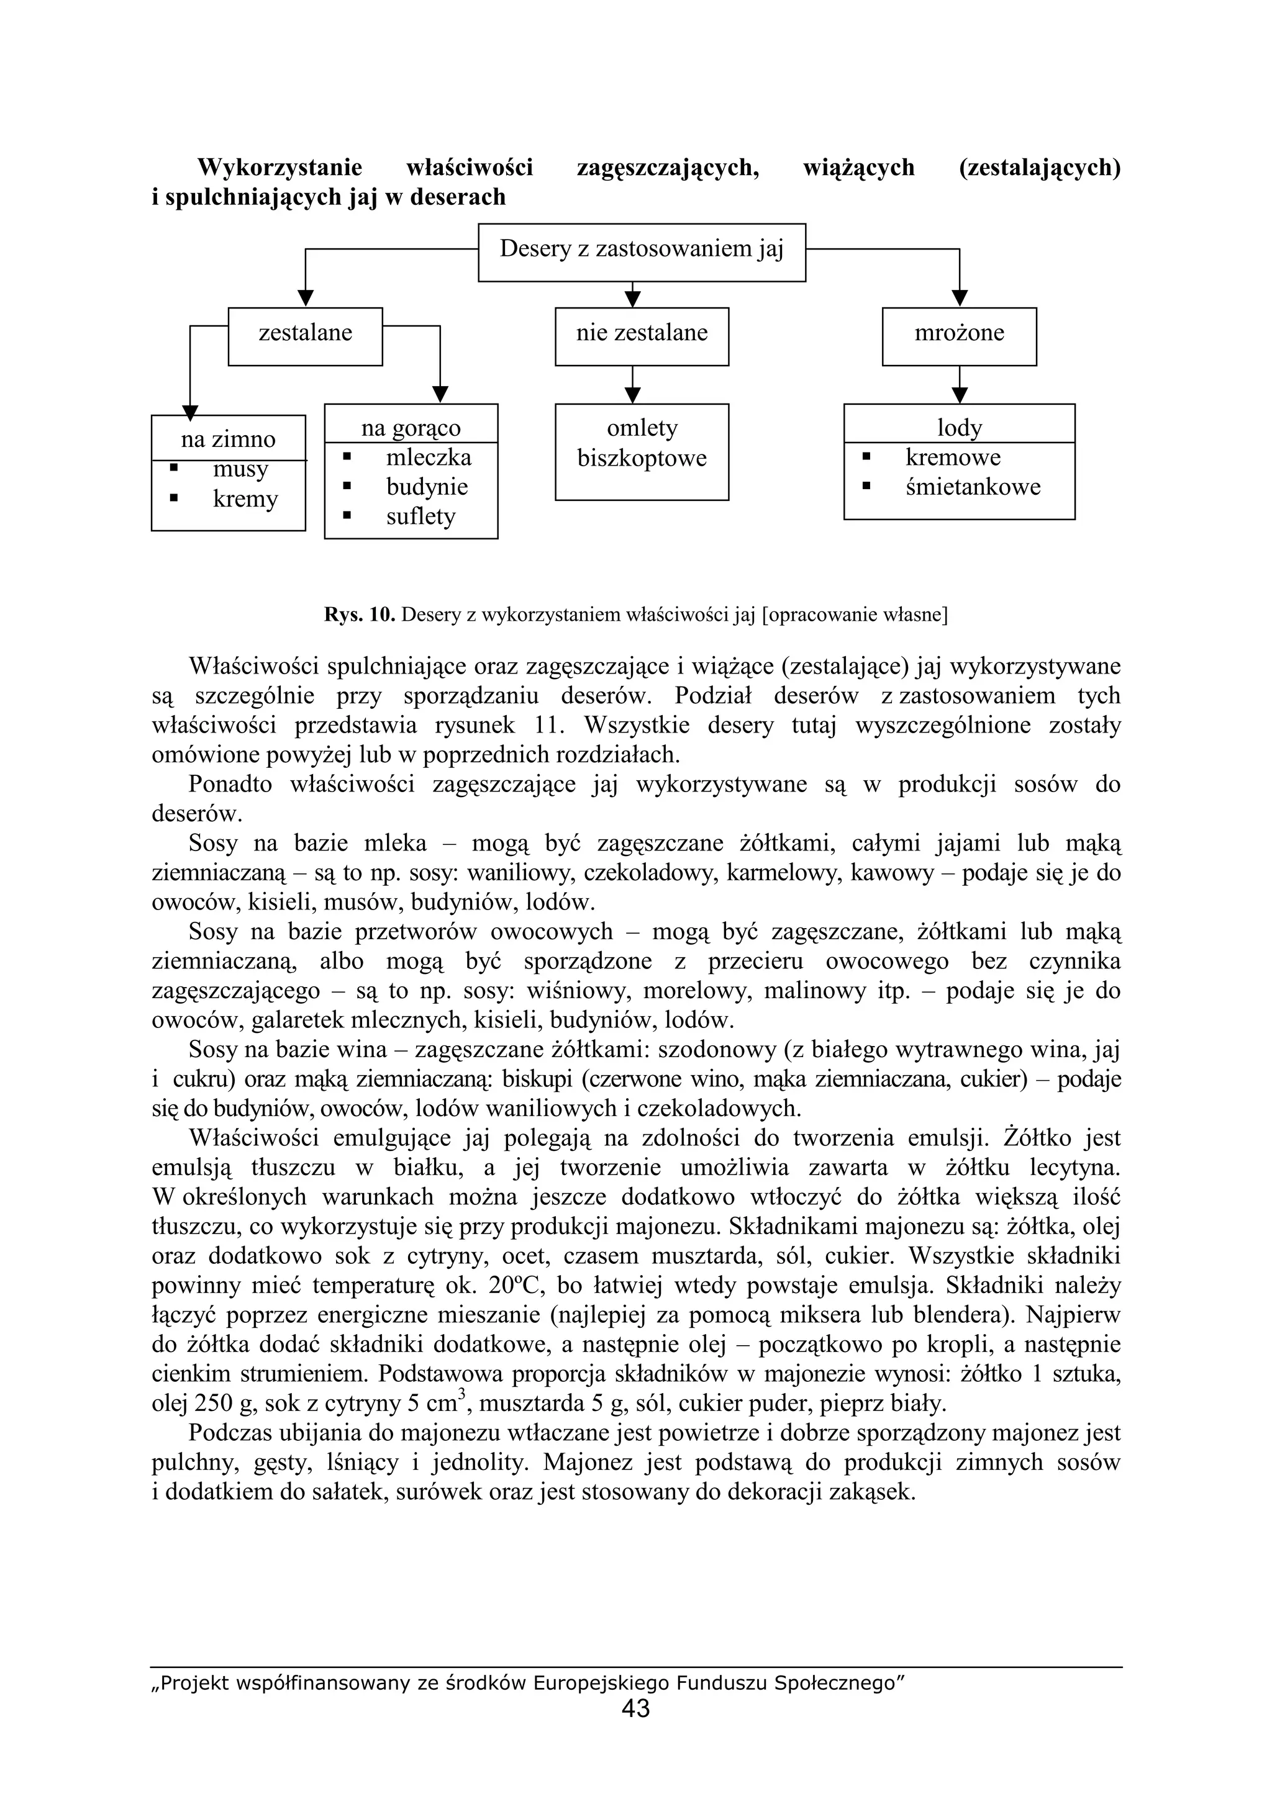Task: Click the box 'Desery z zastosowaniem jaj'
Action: coord(641,251)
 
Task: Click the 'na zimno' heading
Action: coord(228,440)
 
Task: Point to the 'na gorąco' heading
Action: coord(411,428)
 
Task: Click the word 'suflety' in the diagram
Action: coord(420,516)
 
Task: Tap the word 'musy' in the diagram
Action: coord(240,469)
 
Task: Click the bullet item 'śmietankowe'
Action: coord(973,487)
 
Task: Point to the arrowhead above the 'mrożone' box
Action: coord(960,299)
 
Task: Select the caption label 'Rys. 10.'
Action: coord(359,615)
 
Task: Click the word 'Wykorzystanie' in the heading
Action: coord(279,168)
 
